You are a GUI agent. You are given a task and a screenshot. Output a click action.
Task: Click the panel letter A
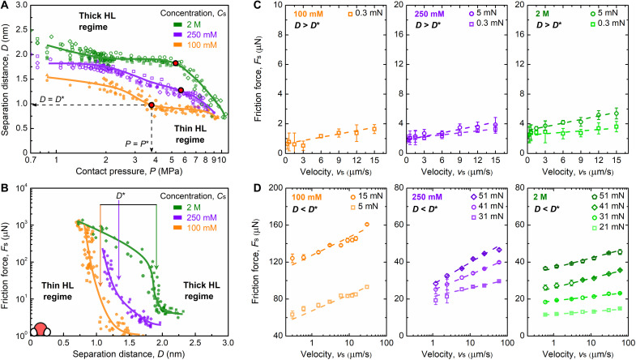click(x=6, y=6)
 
